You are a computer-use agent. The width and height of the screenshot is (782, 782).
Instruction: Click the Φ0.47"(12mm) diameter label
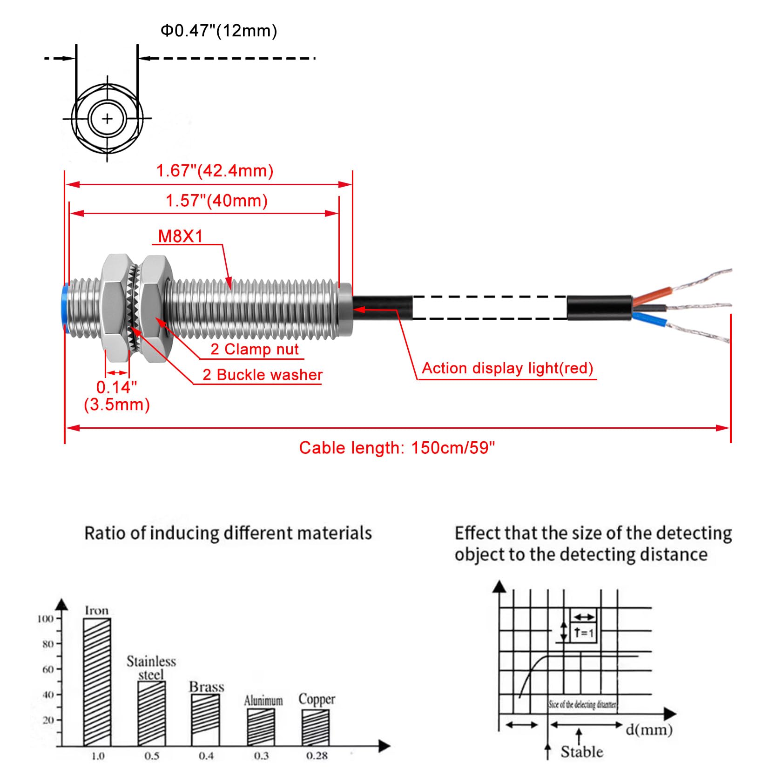tap(219, 31)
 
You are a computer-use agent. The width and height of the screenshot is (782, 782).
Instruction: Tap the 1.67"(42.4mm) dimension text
tap(215, 171)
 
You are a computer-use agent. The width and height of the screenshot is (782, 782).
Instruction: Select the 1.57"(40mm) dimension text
tap(217, 201)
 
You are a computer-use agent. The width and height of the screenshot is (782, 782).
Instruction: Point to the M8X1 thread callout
tap(181, 236)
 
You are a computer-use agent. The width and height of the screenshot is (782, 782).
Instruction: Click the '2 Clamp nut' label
tap(254, 349)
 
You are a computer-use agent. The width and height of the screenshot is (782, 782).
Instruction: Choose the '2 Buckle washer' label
tap(263, 375)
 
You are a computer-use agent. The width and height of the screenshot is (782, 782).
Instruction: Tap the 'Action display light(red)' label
tap(507, 368)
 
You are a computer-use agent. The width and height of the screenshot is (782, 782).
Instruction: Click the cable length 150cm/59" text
tap(397, 448)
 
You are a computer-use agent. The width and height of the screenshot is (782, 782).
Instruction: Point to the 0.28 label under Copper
tap(317, 756)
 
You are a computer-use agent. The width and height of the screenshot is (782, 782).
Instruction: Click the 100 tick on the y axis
tap(46, 619)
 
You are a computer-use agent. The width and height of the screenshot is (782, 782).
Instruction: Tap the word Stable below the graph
tap(581, 752)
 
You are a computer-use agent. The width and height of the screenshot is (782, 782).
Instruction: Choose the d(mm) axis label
tap(649, 729)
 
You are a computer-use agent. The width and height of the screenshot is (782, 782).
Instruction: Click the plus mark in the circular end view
tap(108, 119)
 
